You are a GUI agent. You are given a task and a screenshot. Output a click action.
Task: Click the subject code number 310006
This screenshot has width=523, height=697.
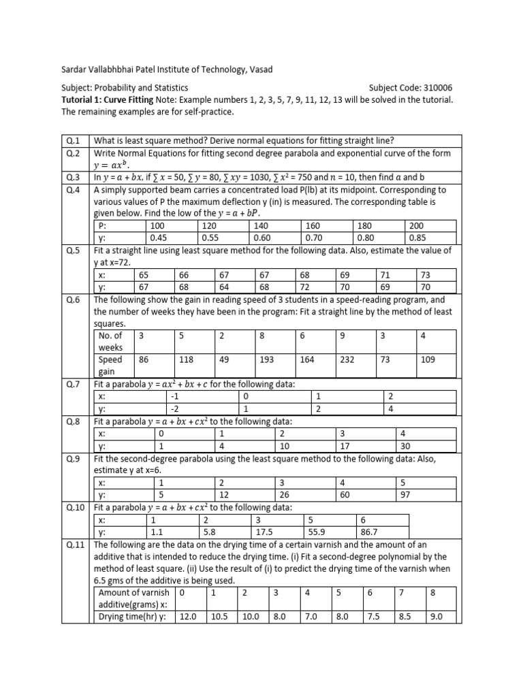tap(434, 88)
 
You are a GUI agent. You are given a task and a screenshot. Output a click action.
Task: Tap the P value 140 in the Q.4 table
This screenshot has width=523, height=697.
tap(261, 227)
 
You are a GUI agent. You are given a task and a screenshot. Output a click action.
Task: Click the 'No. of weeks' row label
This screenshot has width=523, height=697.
tap(111, 341)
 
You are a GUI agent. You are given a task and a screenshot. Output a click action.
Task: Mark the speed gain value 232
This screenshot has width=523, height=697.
tap(347, 359)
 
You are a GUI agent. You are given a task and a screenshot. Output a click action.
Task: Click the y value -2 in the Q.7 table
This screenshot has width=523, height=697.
tap(176, 409)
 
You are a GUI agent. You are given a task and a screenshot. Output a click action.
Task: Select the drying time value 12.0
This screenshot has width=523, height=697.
tap(187, 617)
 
